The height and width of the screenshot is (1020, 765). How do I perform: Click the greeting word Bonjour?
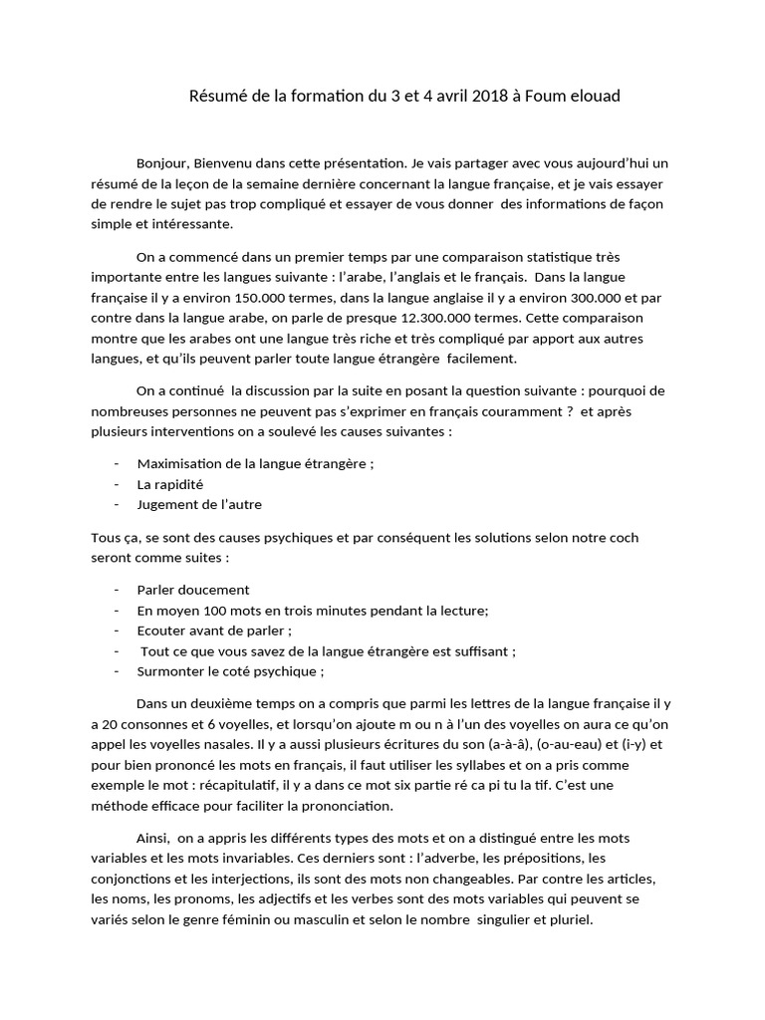[x=160, y=162]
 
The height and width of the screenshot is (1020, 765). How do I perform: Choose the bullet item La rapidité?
[x=170, y=483]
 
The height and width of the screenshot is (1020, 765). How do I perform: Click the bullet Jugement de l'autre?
[x=199, y=504]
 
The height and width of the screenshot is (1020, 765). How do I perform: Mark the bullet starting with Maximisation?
[x=255, y=463]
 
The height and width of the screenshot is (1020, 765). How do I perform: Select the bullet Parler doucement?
[x=193, y=589]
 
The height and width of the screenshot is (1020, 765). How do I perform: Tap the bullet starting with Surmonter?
[x=216, y=671]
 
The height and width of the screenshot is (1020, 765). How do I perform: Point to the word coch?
[x=624, y=537]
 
